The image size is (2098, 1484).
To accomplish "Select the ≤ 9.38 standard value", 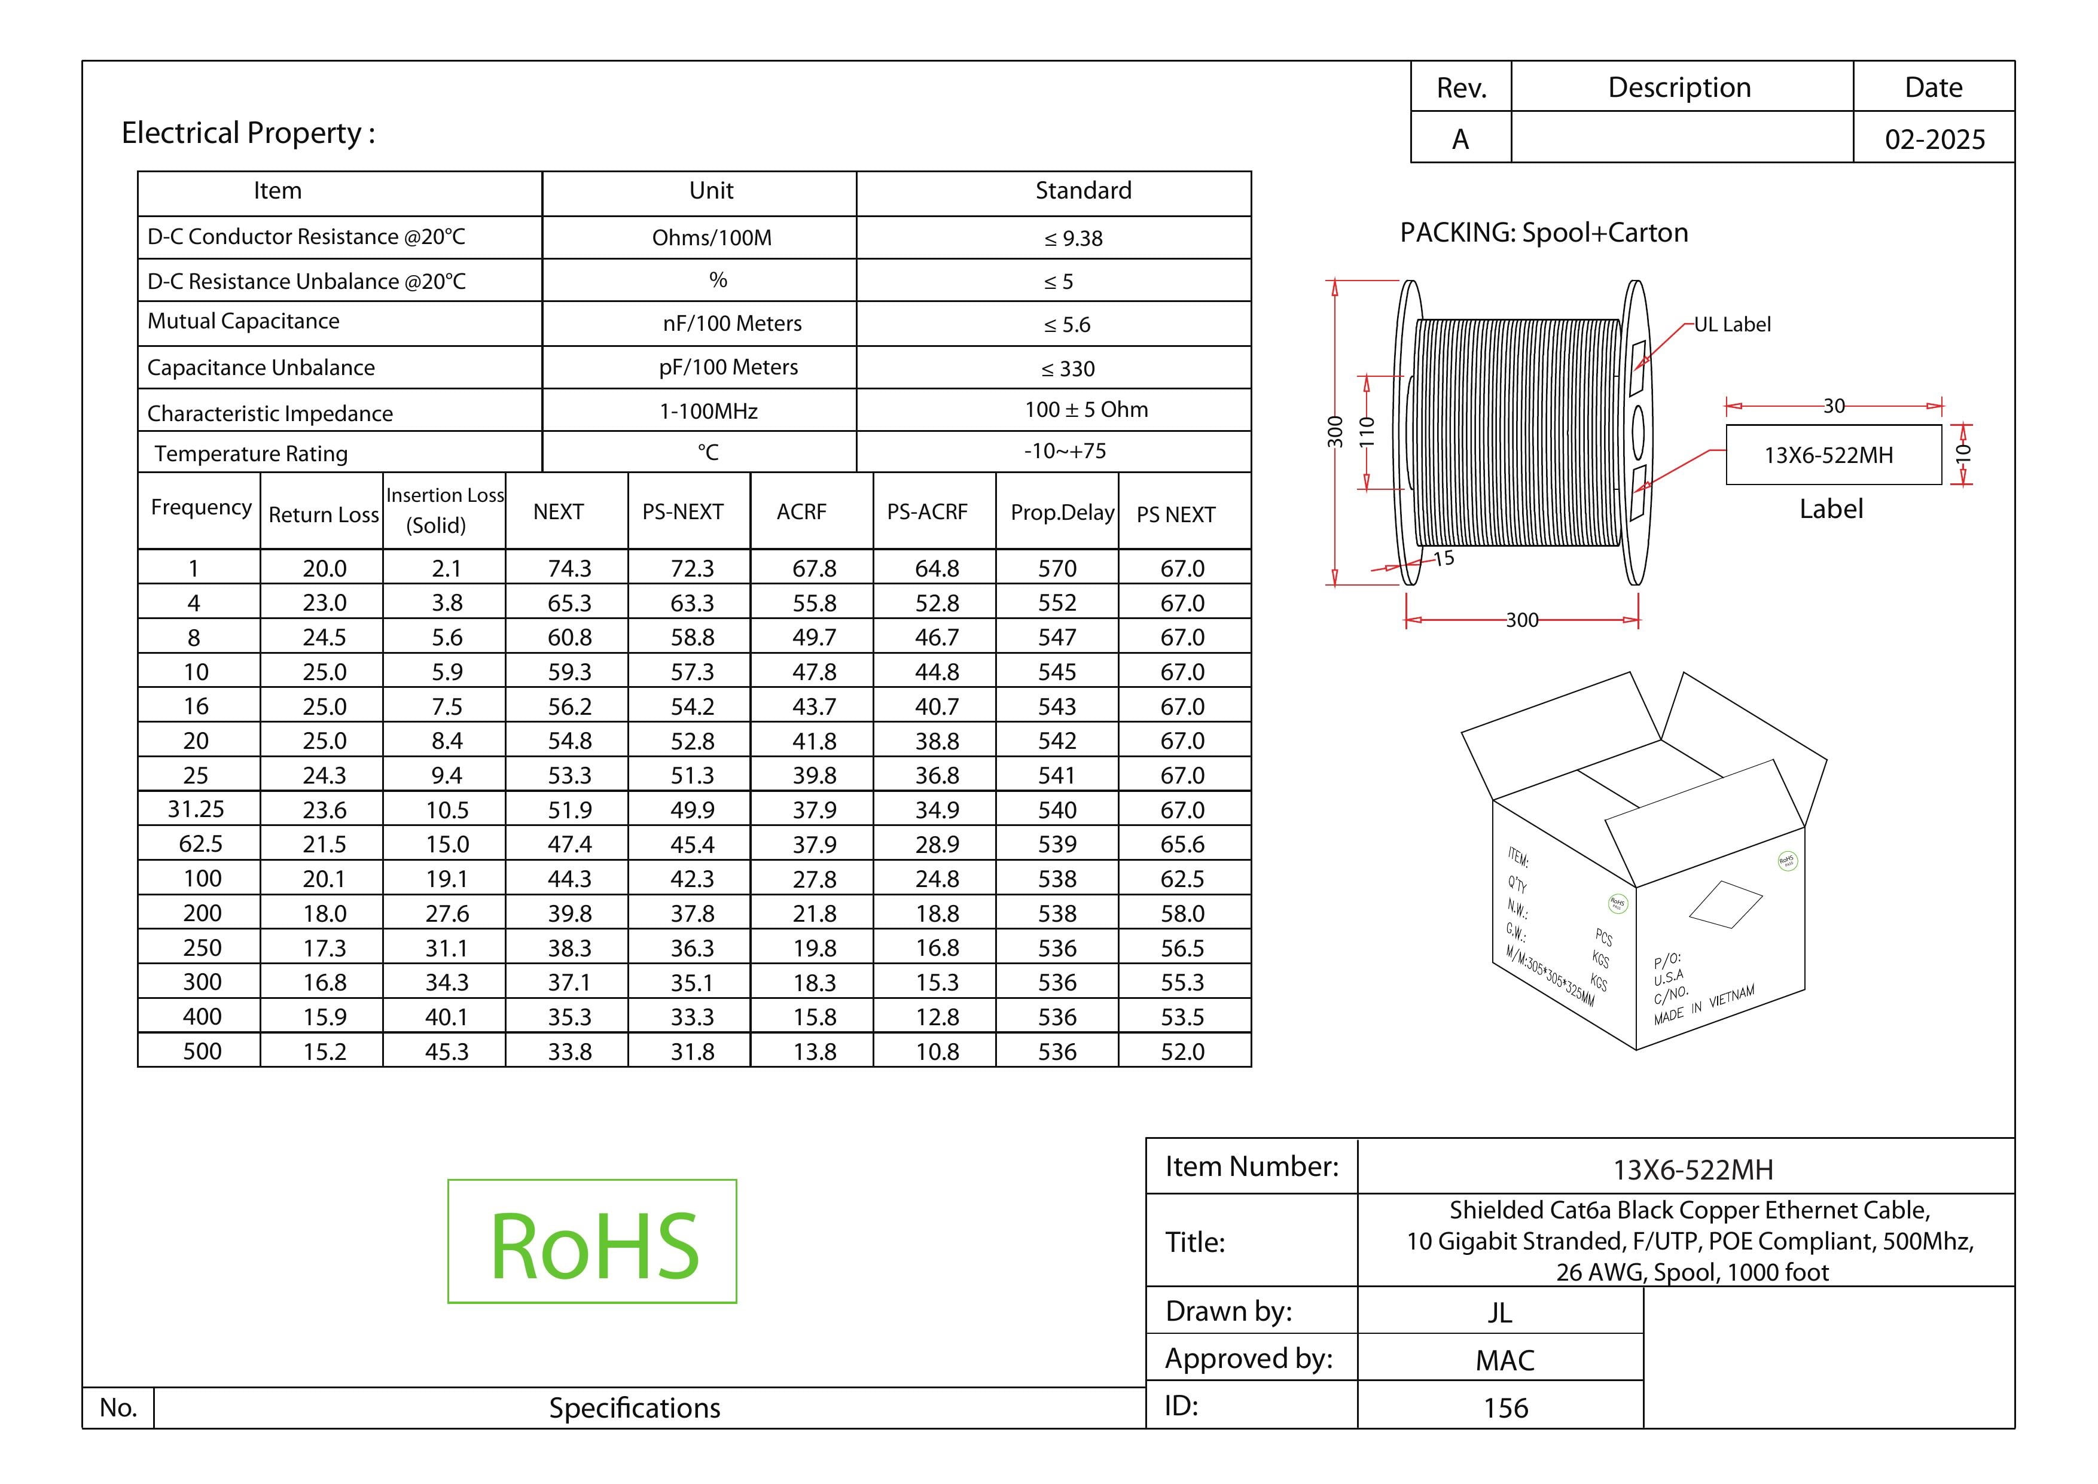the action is tap(1074, 239).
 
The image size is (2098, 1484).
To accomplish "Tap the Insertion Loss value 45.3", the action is tap(447, 1052).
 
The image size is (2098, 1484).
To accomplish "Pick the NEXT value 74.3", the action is tap(569, 568).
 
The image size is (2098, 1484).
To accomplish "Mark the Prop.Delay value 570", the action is tap(1057, 568).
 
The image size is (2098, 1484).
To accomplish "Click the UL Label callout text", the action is tap(1733, 324).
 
